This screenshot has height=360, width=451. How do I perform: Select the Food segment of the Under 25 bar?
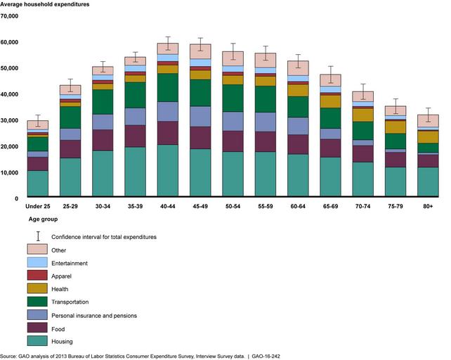pos(38,163)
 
